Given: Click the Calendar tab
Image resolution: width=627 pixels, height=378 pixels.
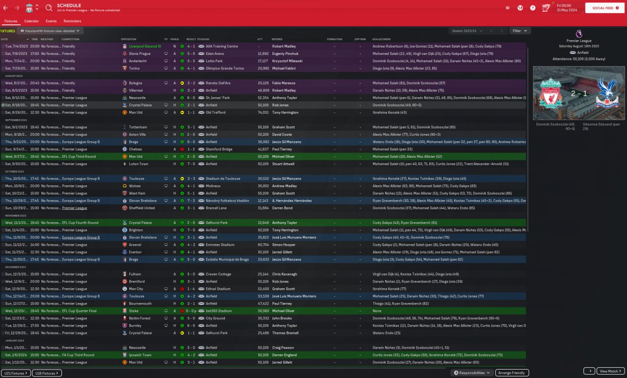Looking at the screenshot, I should (x=31, y=21).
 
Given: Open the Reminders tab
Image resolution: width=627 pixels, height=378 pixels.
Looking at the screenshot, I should (x=72, y=21).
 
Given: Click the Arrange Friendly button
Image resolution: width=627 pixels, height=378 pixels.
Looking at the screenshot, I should (x=512, y=373).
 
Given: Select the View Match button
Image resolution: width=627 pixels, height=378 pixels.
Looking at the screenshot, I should (x=611, y=371).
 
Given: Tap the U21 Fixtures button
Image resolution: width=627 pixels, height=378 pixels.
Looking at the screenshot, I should (x=16, y=373).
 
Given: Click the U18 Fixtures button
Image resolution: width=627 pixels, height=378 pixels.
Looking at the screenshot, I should (x=47, y=373).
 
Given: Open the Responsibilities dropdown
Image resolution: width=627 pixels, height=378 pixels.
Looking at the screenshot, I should (x=472, y=373).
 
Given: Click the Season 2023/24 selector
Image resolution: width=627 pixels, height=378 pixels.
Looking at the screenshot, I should (x=467, y=31).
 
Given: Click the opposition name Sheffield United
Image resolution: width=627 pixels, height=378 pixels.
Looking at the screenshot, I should (x=142, y=208).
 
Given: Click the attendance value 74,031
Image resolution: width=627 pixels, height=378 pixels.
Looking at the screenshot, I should (x=263, y=112).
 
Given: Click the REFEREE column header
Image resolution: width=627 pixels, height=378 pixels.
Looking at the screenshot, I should (x=277, y=39).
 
